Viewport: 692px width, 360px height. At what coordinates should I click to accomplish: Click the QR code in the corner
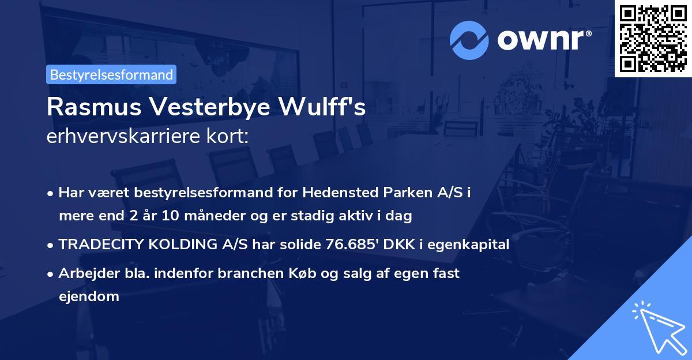(x=653, y=39)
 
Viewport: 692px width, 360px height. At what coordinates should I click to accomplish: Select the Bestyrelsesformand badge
(x=111, y=74)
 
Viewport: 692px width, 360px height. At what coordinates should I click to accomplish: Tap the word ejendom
(x=88, y=297)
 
